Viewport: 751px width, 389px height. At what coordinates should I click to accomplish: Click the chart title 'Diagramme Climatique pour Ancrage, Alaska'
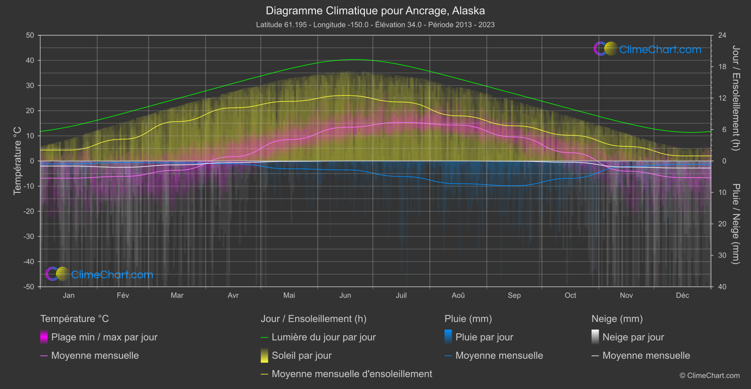375,11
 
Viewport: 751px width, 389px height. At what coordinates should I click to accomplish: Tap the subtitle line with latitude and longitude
375,25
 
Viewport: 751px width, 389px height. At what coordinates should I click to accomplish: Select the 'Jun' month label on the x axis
345,295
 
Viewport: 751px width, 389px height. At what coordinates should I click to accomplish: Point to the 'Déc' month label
682,295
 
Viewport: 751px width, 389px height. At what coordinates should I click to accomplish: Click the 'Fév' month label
123,295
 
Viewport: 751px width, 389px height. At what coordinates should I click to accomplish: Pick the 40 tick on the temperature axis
30,60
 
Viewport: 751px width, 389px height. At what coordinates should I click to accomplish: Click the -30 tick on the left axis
29,236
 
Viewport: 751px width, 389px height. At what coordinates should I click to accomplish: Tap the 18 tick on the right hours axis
722,66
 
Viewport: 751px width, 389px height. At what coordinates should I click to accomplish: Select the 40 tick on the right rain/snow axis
722,287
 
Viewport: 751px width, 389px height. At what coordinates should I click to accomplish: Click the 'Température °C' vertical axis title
17,161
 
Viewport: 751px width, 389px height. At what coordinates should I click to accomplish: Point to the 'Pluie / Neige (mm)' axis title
735,224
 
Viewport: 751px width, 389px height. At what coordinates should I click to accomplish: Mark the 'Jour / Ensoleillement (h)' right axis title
735,98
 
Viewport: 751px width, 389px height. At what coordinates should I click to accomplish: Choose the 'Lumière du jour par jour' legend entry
323,337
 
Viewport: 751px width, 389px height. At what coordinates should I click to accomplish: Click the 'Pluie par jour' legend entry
484,337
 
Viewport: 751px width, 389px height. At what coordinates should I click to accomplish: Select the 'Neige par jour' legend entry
633,337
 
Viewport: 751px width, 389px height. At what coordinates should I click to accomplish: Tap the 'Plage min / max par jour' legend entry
104,337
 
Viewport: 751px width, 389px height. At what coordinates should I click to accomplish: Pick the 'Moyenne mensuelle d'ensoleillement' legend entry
352,374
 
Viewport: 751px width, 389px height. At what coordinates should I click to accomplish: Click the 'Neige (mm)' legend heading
617,319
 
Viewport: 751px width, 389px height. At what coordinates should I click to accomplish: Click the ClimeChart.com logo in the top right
648,49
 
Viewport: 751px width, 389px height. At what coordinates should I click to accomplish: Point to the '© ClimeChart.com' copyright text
710,375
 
